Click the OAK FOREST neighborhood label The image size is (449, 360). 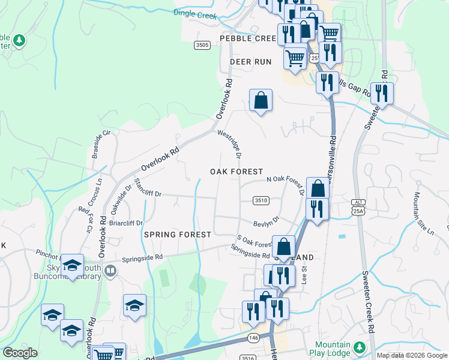[x=237, y=172]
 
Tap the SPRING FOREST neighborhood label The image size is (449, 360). [x=177, y=235]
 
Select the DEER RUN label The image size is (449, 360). [x=250, y=62]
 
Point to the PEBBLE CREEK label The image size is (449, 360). [x=247, y=38]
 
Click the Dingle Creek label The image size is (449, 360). [x=194, y=13]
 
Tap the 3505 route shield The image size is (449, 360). [x=202, y=45]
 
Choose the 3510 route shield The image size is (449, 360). [x=260, y=200]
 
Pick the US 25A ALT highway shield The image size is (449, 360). [x=358, y=206]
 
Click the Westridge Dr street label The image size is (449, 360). [x=229, y=144]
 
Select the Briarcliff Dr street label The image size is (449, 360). [x=125, y=223]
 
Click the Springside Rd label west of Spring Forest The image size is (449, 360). [x=142, y=259]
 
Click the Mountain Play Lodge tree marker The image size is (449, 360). [x=360, y=347]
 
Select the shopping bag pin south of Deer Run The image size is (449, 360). [x=261, y=100]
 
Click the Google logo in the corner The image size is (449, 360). [x=20, y=353]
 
